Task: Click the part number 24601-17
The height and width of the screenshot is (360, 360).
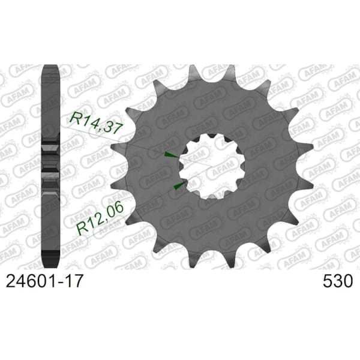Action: click(x=44, y=281)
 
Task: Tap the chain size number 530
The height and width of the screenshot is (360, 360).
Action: click(x=337, y=281)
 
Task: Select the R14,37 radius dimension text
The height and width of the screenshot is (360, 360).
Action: click(x=95, y=123)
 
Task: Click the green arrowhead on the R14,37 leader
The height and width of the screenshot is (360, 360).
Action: click(x=170, y=155)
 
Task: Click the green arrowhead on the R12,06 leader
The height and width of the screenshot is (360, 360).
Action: click(x=181, y=185)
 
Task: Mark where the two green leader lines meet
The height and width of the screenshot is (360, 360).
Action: click(x=211, y=166)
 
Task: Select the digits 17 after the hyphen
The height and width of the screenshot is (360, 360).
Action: click(x=74, y=281)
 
